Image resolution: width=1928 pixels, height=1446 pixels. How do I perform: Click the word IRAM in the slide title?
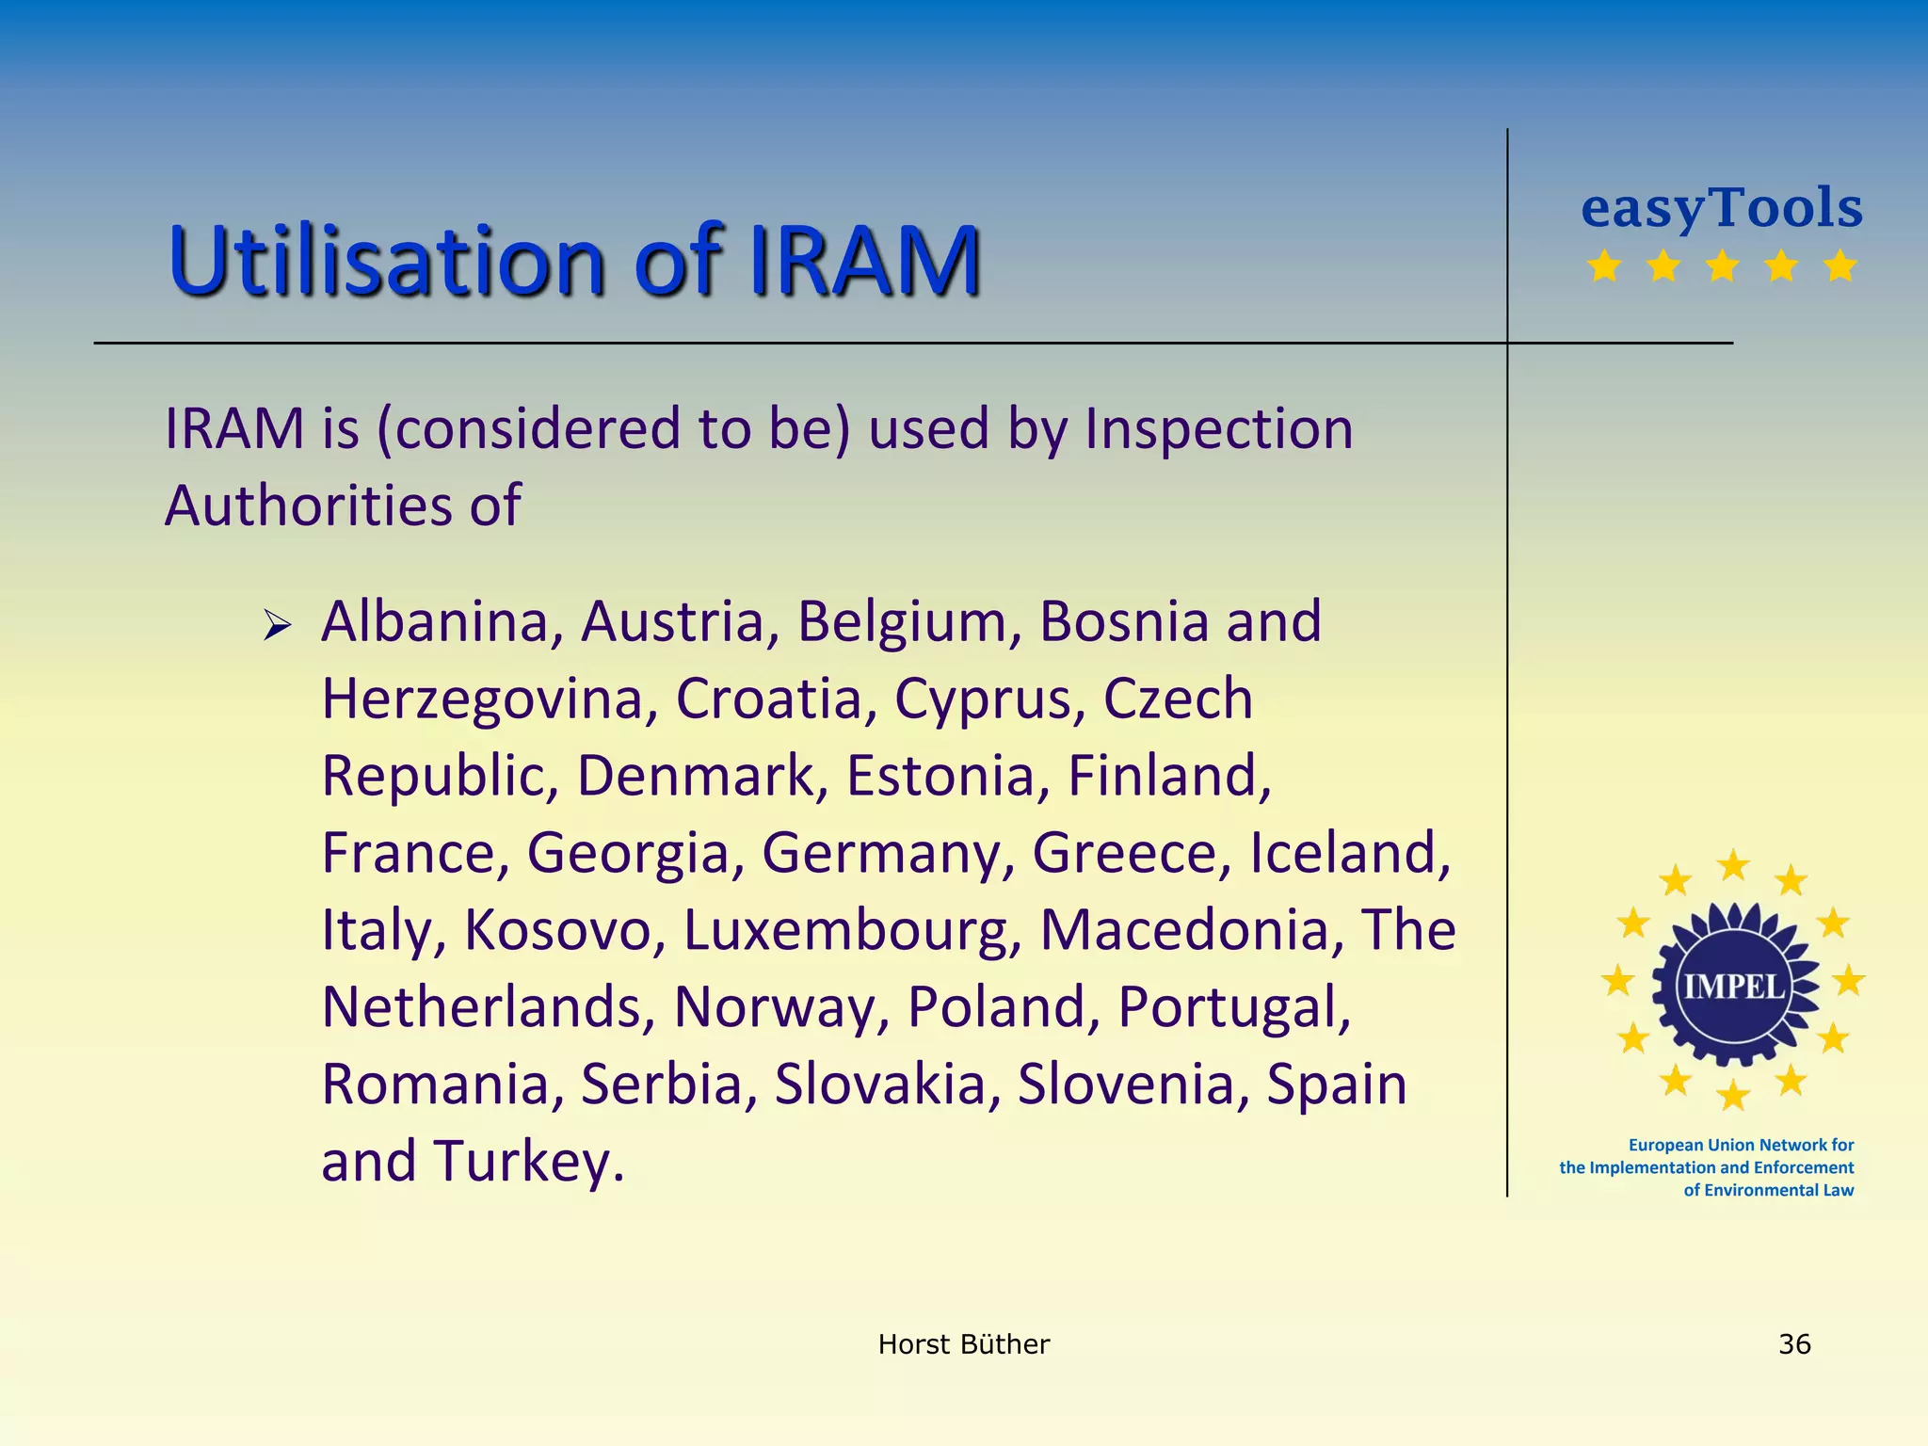pyautogui.click(x=864, y=261)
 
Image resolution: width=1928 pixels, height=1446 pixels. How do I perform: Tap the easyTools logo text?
pyautogui.click(x=1721, y=208)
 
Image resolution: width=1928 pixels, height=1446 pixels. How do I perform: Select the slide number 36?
pyautogui.click(x=1794, y=1343)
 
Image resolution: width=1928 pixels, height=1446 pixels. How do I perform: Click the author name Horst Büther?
pyautogui.click(x=963, y=1343)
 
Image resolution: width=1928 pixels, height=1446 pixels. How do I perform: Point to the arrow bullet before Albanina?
pyautogui.click(x=278, y=624)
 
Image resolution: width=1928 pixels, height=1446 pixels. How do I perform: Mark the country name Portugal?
pyautogui.click(x=1234, y=1008)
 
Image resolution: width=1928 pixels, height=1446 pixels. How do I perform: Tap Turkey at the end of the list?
pyautogui.click(x=528, y=1163)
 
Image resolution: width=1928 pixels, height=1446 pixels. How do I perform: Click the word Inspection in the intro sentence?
pyautogui.click(x=1218, y=430)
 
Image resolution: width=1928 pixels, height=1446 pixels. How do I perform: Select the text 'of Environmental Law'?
pyautogui.click(x=1768, y=1190)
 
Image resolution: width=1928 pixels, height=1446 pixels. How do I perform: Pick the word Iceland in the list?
pyautogui.click(x=1349, y=854)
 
